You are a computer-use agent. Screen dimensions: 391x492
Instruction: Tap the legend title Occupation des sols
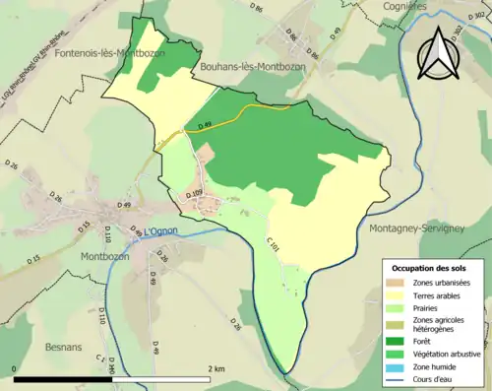coord(431,267)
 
